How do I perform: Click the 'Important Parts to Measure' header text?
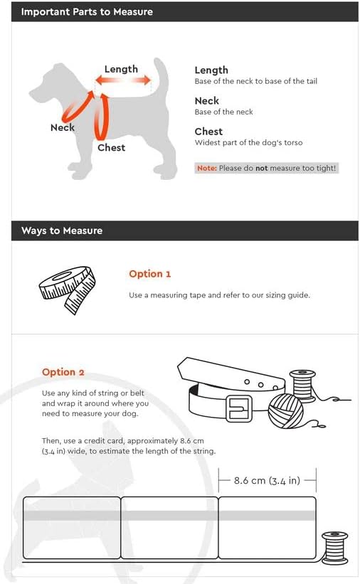click(87, 12)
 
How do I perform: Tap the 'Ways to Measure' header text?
click(62, 230)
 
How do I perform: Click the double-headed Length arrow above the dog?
click(123, 80)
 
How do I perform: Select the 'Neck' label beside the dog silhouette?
click(62, 127)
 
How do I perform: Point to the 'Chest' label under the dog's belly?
click(111, 147)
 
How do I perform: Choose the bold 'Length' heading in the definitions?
click(211, 70)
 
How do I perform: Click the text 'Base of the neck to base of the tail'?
click(255, 81)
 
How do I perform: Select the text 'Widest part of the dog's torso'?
click(248, 143)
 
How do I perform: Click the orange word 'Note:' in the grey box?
click(207, 168)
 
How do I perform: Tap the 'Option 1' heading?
click(150, 274)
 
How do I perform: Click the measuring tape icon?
click(67, 290)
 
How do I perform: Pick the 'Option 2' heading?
click(63, 372)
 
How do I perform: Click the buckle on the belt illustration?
click(238, 408)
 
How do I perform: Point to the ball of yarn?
click(286, 411)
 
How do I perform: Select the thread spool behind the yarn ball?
click(302, 386)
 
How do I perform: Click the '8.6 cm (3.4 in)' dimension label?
click(267, 480)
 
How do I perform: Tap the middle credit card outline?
click(169, 528)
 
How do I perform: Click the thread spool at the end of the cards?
click(334, 548)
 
